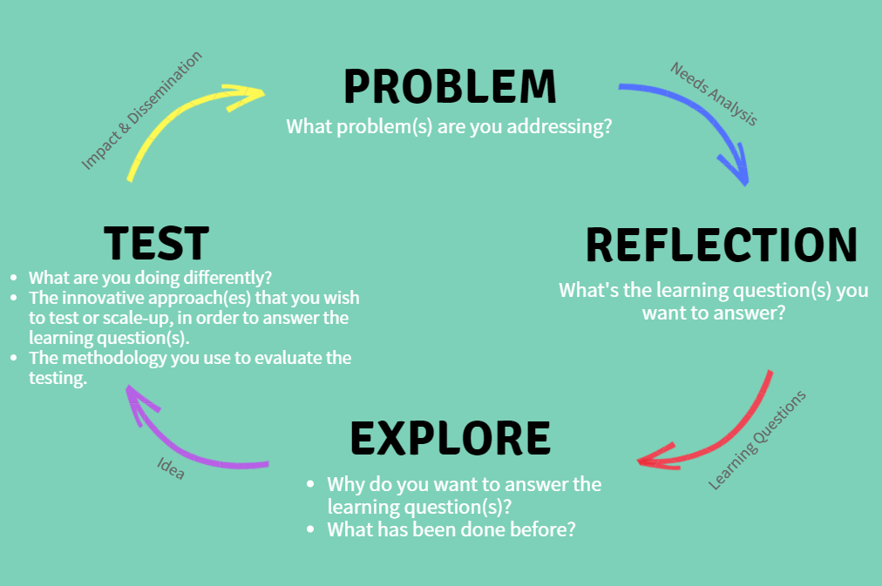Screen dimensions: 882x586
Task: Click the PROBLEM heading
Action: (x=450, y=86)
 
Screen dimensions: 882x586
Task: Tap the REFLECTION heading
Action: (x=722, y=245)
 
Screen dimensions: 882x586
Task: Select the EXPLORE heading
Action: (x=451, y=438)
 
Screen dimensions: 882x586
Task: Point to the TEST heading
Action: (x=156, y=243)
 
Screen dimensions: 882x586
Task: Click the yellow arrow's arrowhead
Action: (x=248, y=96)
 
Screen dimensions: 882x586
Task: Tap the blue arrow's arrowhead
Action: (x=736, y=165)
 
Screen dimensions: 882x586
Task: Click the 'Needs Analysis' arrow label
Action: (x=714, y=94)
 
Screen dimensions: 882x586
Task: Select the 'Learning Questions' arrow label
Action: (x=756, y=441)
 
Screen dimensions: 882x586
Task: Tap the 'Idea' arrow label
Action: (x=171, y=468)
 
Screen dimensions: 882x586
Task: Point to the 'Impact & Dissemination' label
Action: (x=141, y=110)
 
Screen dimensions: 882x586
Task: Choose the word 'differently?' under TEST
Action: (x=227, y=278)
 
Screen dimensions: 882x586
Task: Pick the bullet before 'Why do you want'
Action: (x=310, y=484)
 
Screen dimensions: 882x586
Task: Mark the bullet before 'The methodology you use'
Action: (x=14, y=357)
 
